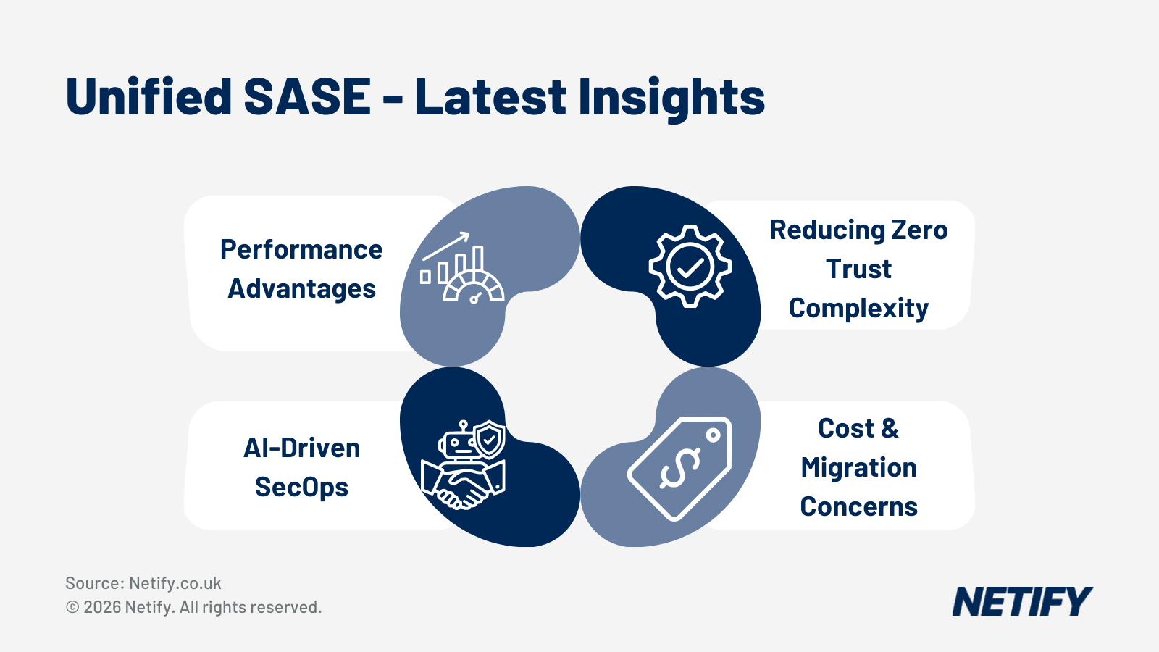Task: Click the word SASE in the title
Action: pos(307,97)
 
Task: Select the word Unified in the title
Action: pos(148,97)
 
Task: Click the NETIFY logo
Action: pos(1021,602)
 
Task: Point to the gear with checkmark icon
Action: pos(690,267)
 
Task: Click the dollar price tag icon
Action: pos(679,468)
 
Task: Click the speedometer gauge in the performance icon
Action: pos(474,288)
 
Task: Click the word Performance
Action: pos(301,250)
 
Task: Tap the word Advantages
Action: pos(301,289)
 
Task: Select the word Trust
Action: pos(858,269)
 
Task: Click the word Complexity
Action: pos(858,309)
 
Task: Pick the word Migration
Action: pos(858,468)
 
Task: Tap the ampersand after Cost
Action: pos(890,429)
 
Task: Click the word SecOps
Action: pos(301,488)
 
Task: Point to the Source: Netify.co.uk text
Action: pos(143,583)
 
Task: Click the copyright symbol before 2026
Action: pos(72,607)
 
